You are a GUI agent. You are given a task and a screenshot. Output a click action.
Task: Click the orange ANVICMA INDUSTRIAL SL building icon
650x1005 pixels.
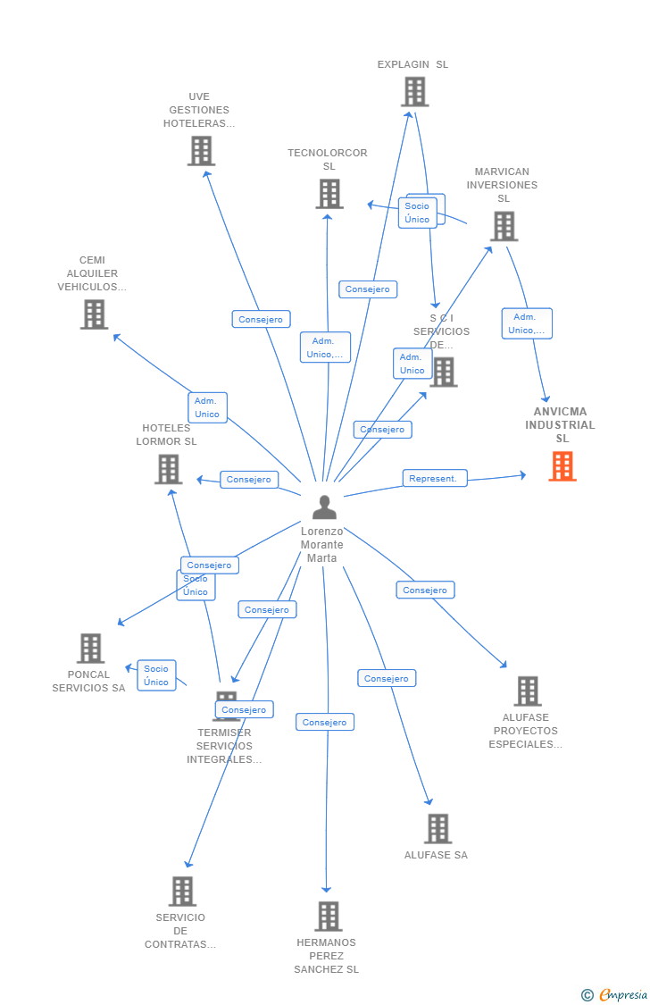pyautogui.click(x=562, y=466)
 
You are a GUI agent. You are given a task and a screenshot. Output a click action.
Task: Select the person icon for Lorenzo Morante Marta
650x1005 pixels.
pyautogui.click(x=324, y=507)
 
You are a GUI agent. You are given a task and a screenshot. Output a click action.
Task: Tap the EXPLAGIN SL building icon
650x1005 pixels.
pyautogui.click(x=414, y=91)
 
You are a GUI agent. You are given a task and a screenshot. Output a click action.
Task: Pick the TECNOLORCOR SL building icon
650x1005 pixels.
pyautogui.click(x=329, y=194)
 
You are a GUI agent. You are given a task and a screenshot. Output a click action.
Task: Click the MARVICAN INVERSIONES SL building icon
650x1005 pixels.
pyautogui.click(x=504, y=226)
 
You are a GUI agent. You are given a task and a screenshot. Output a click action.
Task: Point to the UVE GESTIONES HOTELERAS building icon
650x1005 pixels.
pyautogui.click(x=201, y=151)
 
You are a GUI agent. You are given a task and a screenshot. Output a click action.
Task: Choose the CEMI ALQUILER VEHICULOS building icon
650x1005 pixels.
pyautogui.click(x=94, y=314)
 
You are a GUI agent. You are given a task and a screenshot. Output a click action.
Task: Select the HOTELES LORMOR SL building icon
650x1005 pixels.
pyautogui.click(x=168, y=469)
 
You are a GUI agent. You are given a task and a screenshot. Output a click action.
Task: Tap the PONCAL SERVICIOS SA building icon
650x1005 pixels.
pyautogui.click(x=90, y=649)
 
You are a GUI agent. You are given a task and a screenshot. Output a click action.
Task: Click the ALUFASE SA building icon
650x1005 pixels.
pyautogui.click(x=437, y=829)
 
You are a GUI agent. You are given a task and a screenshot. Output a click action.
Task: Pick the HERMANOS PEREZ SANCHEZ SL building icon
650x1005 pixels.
pyautogui.click(x=328, y=917)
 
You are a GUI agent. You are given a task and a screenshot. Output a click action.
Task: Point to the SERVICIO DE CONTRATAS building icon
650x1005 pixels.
pyautogui.click(x=182, y=892)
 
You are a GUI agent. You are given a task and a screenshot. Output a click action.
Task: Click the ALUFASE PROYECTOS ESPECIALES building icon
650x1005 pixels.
pyautogui.click(x=528, y=691)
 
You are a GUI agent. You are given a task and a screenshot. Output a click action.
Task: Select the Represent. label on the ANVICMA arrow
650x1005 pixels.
pyautogui.click(x=434, y=479)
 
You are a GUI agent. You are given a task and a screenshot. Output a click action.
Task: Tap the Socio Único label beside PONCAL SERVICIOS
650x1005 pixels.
pyautogui.click(x=156, y=675)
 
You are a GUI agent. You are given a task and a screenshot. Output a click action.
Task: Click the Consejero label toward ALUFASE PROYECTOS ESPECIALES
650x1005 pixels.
pyautogui.click(x=425, y=590)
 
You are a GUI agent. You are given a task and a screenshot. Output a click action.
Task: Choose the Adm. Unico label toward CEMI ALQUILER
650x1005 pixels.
pyautogui.click(x=207, y=407)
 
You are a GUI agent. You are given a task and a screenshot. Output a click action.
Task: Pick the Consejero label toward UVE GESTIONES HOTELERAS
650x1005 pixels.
pyautogui.click(x=261, y=319)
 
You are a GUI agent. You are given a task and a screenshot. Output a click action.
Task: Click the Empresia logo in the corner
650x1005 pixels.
pyautogui.click(x=615, y=994)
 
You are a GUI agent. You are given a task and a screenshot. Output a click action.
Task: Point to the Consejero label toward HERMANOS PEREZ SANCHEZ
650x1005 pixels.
pyautogui.click(x=325, y=722)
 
